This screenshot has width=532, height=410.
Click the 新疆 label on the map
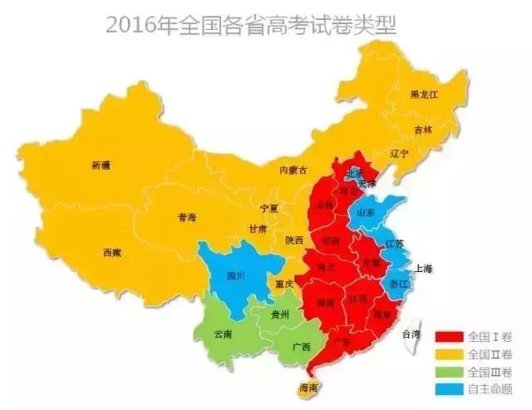click(x=100, y=165)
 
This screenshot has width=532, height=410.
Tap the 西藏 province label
click(x=112, y=252)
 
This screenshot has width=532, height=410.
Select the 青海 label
click(x=187, y=218)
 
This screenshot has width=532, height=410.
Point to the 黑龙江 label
click(x=423, y=95)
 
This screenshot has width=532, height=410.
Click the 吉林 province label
click(x=423, y=131)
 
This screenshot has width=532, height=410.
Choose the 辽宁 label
click(x=401, y=154)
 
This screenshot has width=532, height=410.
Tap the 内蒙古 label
click(x=293, y=170)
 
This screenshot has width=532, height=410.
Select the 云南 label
click(x=224, y=333)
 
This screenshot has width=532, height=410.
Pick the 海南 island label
click(x=308, y=388)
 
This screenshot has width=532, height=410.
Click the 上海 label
click(x=424, y=269)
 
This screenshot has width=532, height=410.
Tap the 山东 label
click(x=366, y=213)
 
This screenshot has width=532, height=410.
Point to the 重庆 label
click(x=285, y=284)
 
